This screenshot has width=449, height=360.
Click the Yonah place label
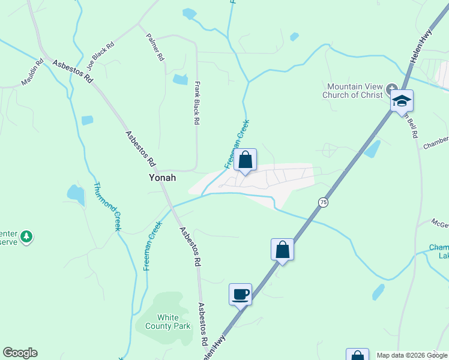(x=162, y=178)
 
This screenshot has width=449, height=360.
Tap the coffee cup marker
(x=240, y=295)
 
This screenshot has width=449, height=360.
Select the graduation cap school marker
(x=402, y=101)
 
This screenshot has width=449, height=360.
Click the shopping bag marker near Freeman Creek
(x=245, y=160)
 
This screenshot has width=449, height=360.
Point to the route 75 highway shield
(x=324, y=202)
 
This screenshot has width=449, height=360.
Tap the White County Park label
(x=173, y=322)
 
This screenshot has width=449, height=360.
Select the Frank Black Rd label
(x=196, y=104)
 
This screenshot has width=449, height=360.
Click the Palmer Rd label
(x=155, y=47)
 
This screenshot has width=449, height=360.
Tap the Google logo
(x=20, y=353)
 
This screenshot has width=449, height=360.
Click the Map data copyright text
(x=412, y=355)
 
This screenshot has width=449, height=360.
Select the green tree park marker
(x=26, y=238)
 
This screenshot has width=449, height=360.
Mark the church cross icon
(x=391, y=87)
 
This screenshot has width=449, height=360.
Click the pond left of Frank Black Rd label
(x=180, y=79)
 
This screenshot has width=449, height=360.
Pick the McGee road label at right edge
(x=440, y=223)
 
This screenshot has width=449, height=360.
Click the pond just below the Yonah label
(x=76, y=194)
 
